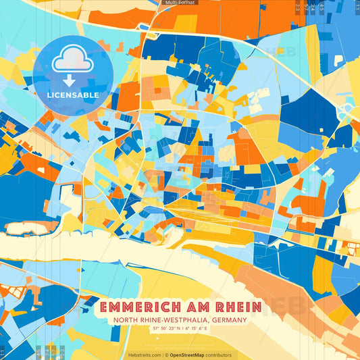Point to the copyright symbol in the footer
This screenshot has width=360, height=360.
click(166, 355)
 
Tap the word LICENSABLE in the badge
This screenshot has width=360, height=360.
click(73, 95)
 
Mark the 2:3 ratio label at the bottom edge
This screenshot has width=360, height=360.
click(61, 351)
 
